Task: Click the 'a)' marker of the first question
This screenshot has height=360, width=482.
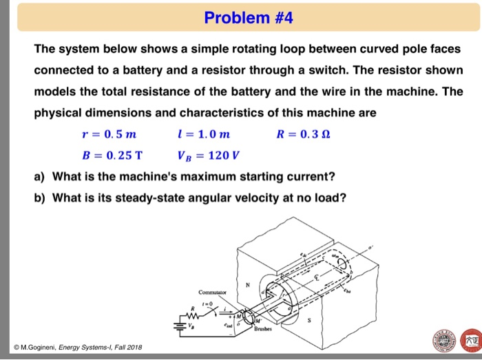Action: point(41,177)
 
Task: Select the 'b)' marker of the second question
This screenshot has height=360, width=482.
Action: point(41,198)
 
